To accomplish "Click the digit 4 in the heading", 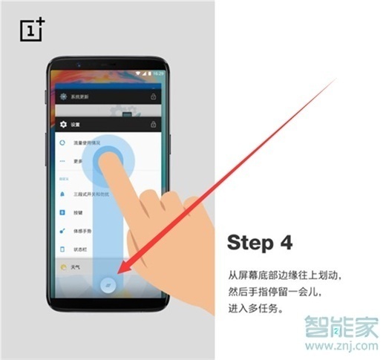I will pyautogui.click(x=287, y=243).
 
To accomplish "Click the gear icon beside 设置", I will pyautogui.click(x=62, y=125).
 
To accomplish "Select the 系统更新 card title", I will pyautogui.click(x=81, y=96).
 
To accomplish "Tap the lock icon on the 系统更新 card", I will pyautogui.click(x=153, y=96).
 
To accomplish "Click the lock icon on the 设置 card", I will pyautogui.click(x=153, y=124).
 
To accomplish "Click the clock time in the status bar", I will pyautogui.click(x=158, y=74).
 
